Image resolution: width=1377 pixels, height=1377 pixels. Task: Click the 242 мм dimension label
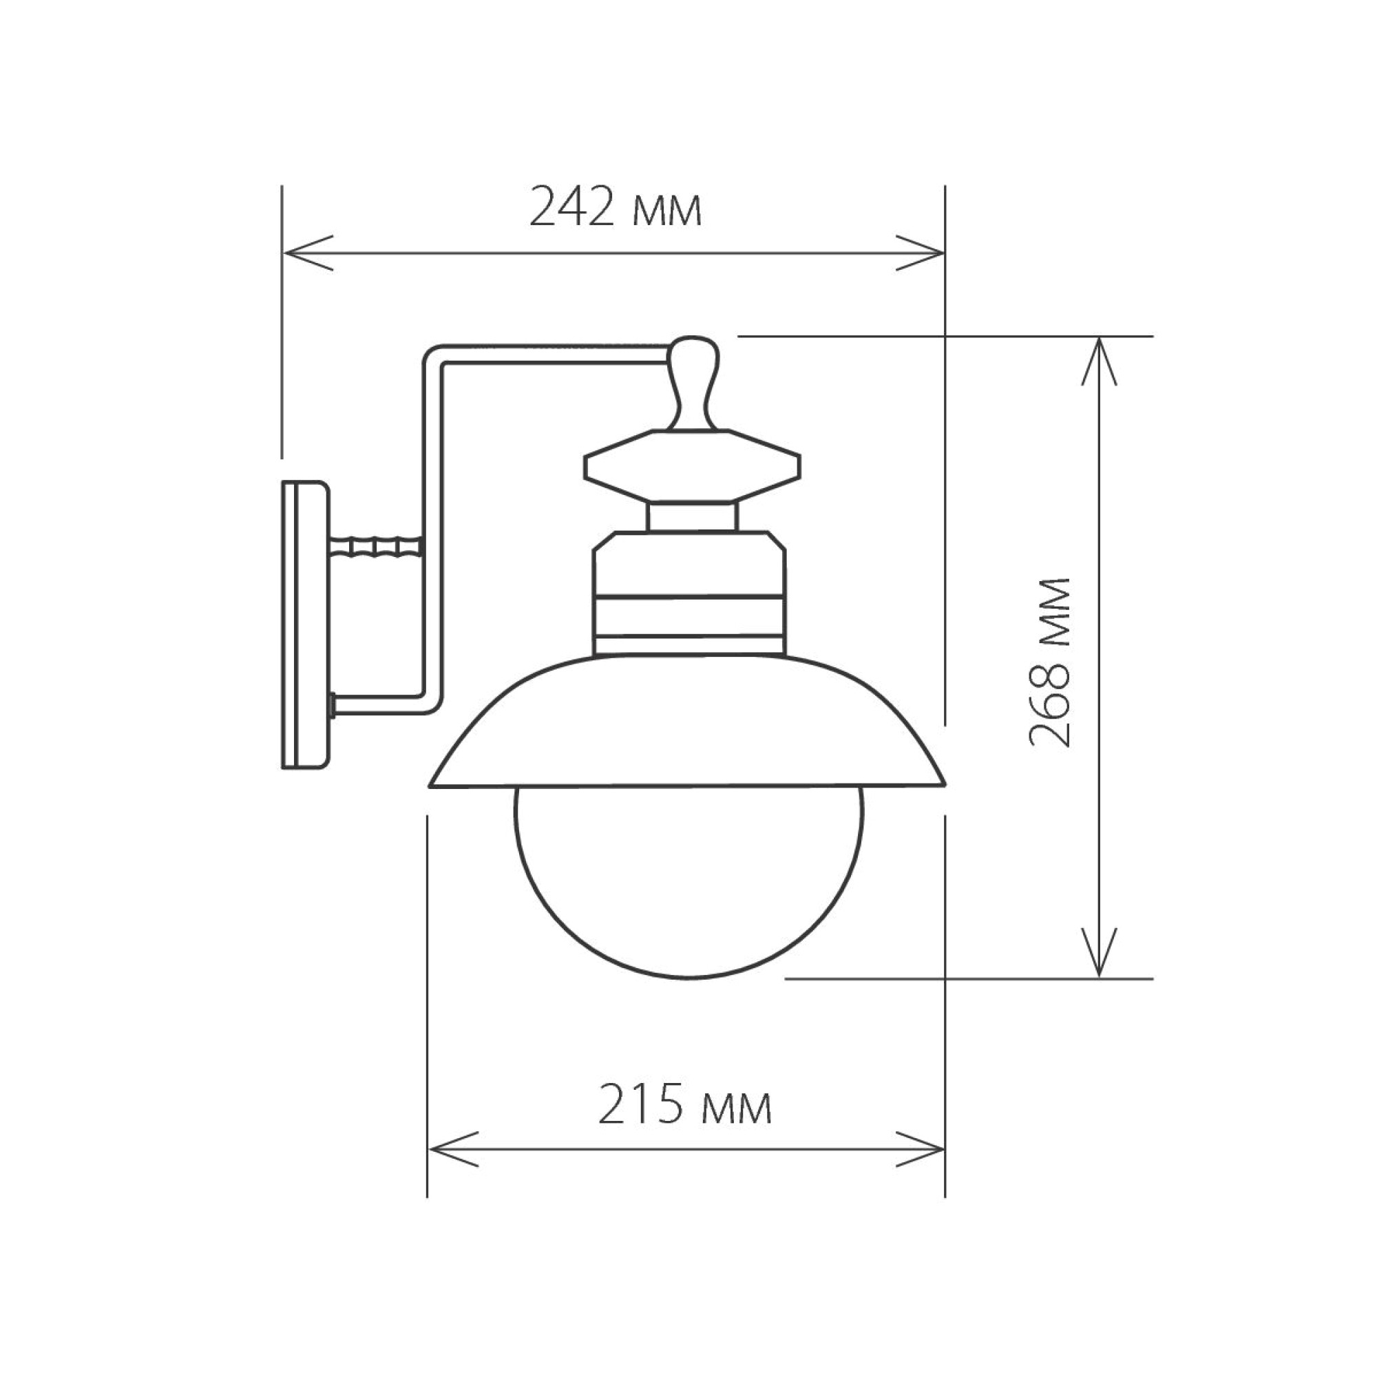coord(616,207)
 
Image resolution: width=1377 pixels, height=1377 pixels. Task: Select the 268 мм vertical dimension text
coord(1051,663)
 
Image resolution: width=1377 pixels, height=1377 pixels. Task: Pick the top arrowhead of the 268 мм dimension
coord(1098,357)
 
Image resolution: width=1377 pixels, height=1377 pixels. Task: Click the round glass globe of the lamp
coord(688,884)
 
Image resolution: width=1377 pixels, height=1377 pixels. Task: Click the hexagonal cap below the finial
coord(691,467)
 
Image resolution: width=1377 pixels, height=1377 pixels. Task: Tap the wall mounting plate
coord(305,625)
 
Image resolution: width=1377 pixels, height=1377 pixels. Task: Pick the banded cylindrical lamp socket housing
coord(689,595)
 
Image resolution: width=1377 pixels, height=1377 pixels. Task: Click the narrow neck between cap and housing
coord(691,517)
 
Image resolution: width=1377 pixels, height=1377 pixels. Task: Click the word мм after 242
coord(667,211)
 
